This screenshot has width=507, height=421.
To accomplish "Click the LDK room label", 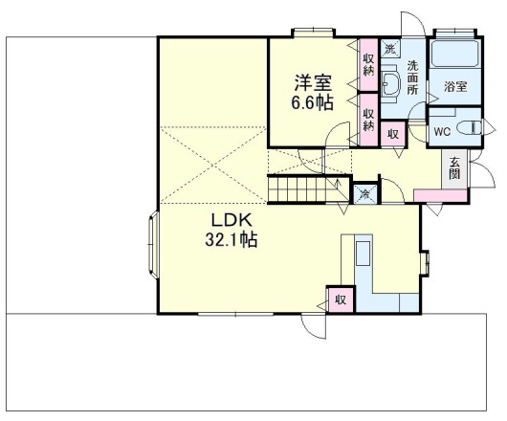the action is coord(231,220).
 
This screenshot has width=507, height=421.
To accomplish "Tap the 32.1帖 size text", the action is coord(231,239).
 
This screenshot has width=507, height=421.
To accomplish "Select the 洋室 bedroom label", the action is coord(313,83).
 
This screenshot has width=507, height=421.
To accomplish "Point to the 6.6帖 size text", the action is coord(313,102).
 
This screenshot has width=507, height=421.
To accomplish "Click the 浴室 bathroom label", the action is coord(455,86).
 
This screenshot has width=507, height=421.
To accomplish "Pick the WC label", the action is coord(442,132).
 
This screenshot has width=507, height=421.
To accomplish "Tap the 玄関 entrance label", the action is coord(454,168).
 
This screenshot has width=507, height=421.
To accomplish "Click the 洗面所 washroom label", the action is coord(412,78).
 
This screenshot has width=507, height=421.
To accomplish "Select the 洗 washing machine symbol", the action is coord(390,49).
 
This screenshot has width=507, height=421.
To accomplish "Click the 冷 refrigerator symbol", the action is coord(365,194).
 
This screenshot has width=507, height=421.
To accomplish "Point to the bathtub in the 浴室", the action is coord(454,54).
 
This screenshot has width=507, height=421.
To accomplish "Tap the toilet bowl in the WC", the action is coord(469,126).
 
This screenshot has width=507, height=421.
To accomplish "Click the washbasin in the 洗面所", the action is coord(388,83).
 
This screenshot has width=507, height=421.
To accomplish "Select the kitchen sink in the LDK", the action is coord(364,254).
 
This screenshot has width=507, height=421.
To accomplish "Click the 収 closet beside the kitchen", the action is coord(341,299).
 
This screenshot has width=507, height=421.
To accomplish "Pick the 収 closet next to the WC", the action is coord(393,134).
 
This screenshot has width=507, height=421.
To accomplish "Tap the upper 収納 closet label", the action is coord(368,64).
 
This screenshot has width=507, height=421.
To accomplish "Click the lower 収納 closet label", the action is coord(368,120).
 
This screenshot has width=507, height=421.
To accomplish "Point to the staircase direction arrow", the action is coord(339,185).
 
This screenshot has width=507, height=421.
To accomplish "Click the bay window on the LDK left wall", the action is coord(154,245).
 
